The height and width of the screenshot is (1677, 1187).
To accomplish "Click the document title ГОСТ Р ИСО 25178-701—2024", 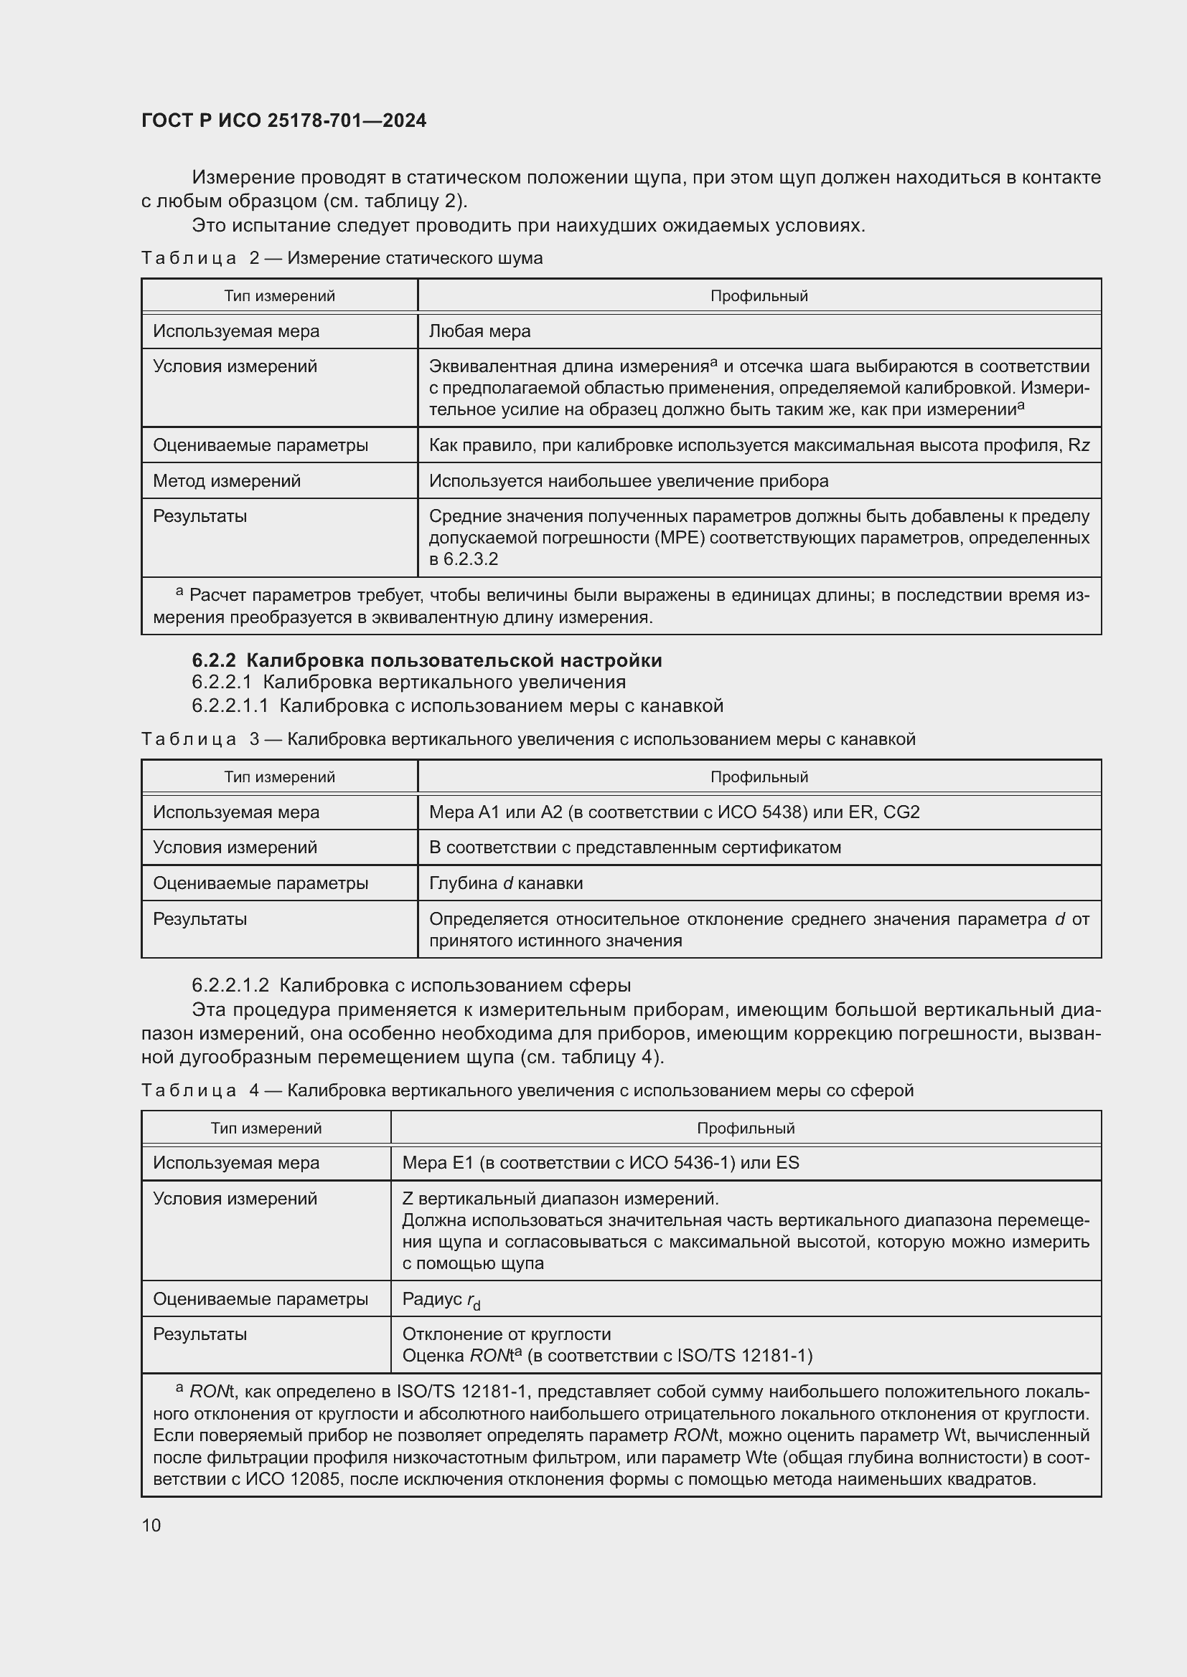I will (283, 121).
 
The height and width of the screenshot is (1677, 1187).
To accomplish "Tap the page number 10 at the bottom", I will (151, 1525).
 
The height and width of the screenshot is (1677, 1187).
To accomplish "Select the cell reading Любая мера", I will (479, 332).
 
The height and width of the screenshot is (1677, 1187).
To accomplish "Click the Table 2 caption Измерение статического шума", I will (414, 258).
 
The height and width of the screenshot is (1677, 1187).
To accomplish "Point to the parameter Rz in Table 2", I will (1078, 445).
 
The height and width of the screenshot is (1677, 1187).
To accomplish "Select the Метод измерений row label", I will (227, 481).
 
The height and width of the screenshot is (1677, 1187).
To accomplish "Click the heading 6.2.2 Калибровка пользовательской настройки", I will (427, 660).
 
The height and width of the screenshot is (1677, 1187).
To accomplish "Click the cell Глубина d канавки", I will (506, 884).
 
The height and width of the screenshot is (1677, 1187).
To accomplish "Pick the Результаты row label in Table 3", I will (200, 919).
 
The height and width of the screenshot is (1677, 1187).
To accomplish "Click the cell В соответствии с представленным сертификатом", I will (634, 848).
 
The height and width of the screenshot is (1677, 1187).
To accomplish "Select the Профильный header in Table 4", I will (745, 1129).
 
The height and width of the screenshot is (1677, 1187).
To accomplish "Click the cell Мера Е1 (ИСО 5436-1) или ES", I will (600, 1163).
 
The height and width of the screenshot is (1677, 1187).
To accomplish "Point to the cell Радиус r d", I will (441, 1299).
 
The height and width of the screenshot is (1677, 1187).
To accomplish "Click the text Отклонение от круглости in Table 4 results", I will (506, 1334).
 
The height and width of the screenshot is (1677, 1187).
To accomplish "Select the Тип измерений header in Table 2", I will (279, 297).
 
